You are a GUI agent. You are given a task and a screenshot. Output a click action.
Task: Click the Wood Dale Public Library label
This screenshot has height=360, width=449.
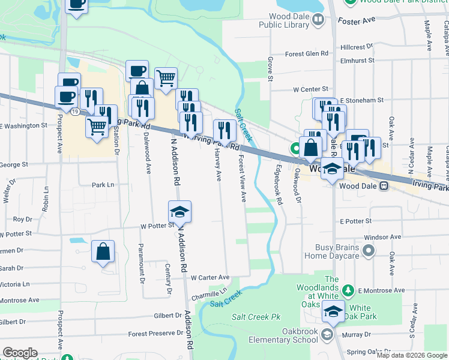(283, 20)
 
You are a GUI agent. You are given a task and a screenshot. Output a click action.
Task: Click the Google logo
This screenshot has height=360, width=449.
(20, 353)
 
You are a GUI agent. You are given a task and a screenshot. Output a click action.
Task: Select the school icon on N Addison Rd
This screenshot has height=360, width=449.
(179, 212)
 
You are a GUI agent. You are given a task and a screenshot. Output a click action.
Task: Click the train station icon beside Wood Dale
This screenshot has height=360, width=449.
(384, 186)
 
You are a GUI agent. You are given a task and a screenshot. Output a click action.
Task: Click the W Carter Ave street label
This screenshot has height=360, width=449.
(210, 278)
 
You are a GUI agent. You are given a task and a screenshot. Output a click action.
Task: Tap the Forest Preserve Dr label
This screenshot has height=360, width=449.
(155, 334)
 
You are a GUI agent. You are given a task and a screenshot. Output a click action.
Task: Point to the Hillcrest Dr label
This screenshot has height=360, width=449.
(356, 47)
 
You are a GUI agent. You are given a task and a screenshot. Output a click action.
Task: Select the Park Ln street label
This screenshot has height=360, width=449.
(103, 185)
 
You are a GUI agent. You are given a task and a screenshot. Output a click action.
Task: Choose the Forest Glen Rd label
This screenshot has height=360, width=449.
(307, 53)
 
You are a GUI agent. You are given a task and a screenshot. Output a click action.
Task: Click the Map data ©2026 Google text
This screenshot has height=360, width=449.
(412, 355)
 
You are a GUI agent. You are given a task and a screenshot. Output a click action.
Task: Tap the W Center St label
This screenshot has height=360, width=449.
(310, 89)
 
